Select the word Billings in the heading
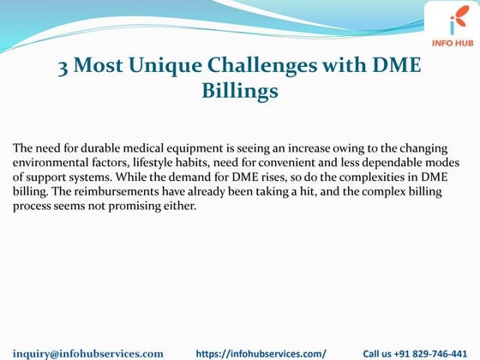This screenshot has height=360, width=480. (239, 90)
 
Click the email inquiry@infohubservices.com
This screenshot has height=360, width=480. (87, 352)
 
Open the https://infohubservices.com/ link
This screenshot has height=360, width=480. (261, 352)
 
